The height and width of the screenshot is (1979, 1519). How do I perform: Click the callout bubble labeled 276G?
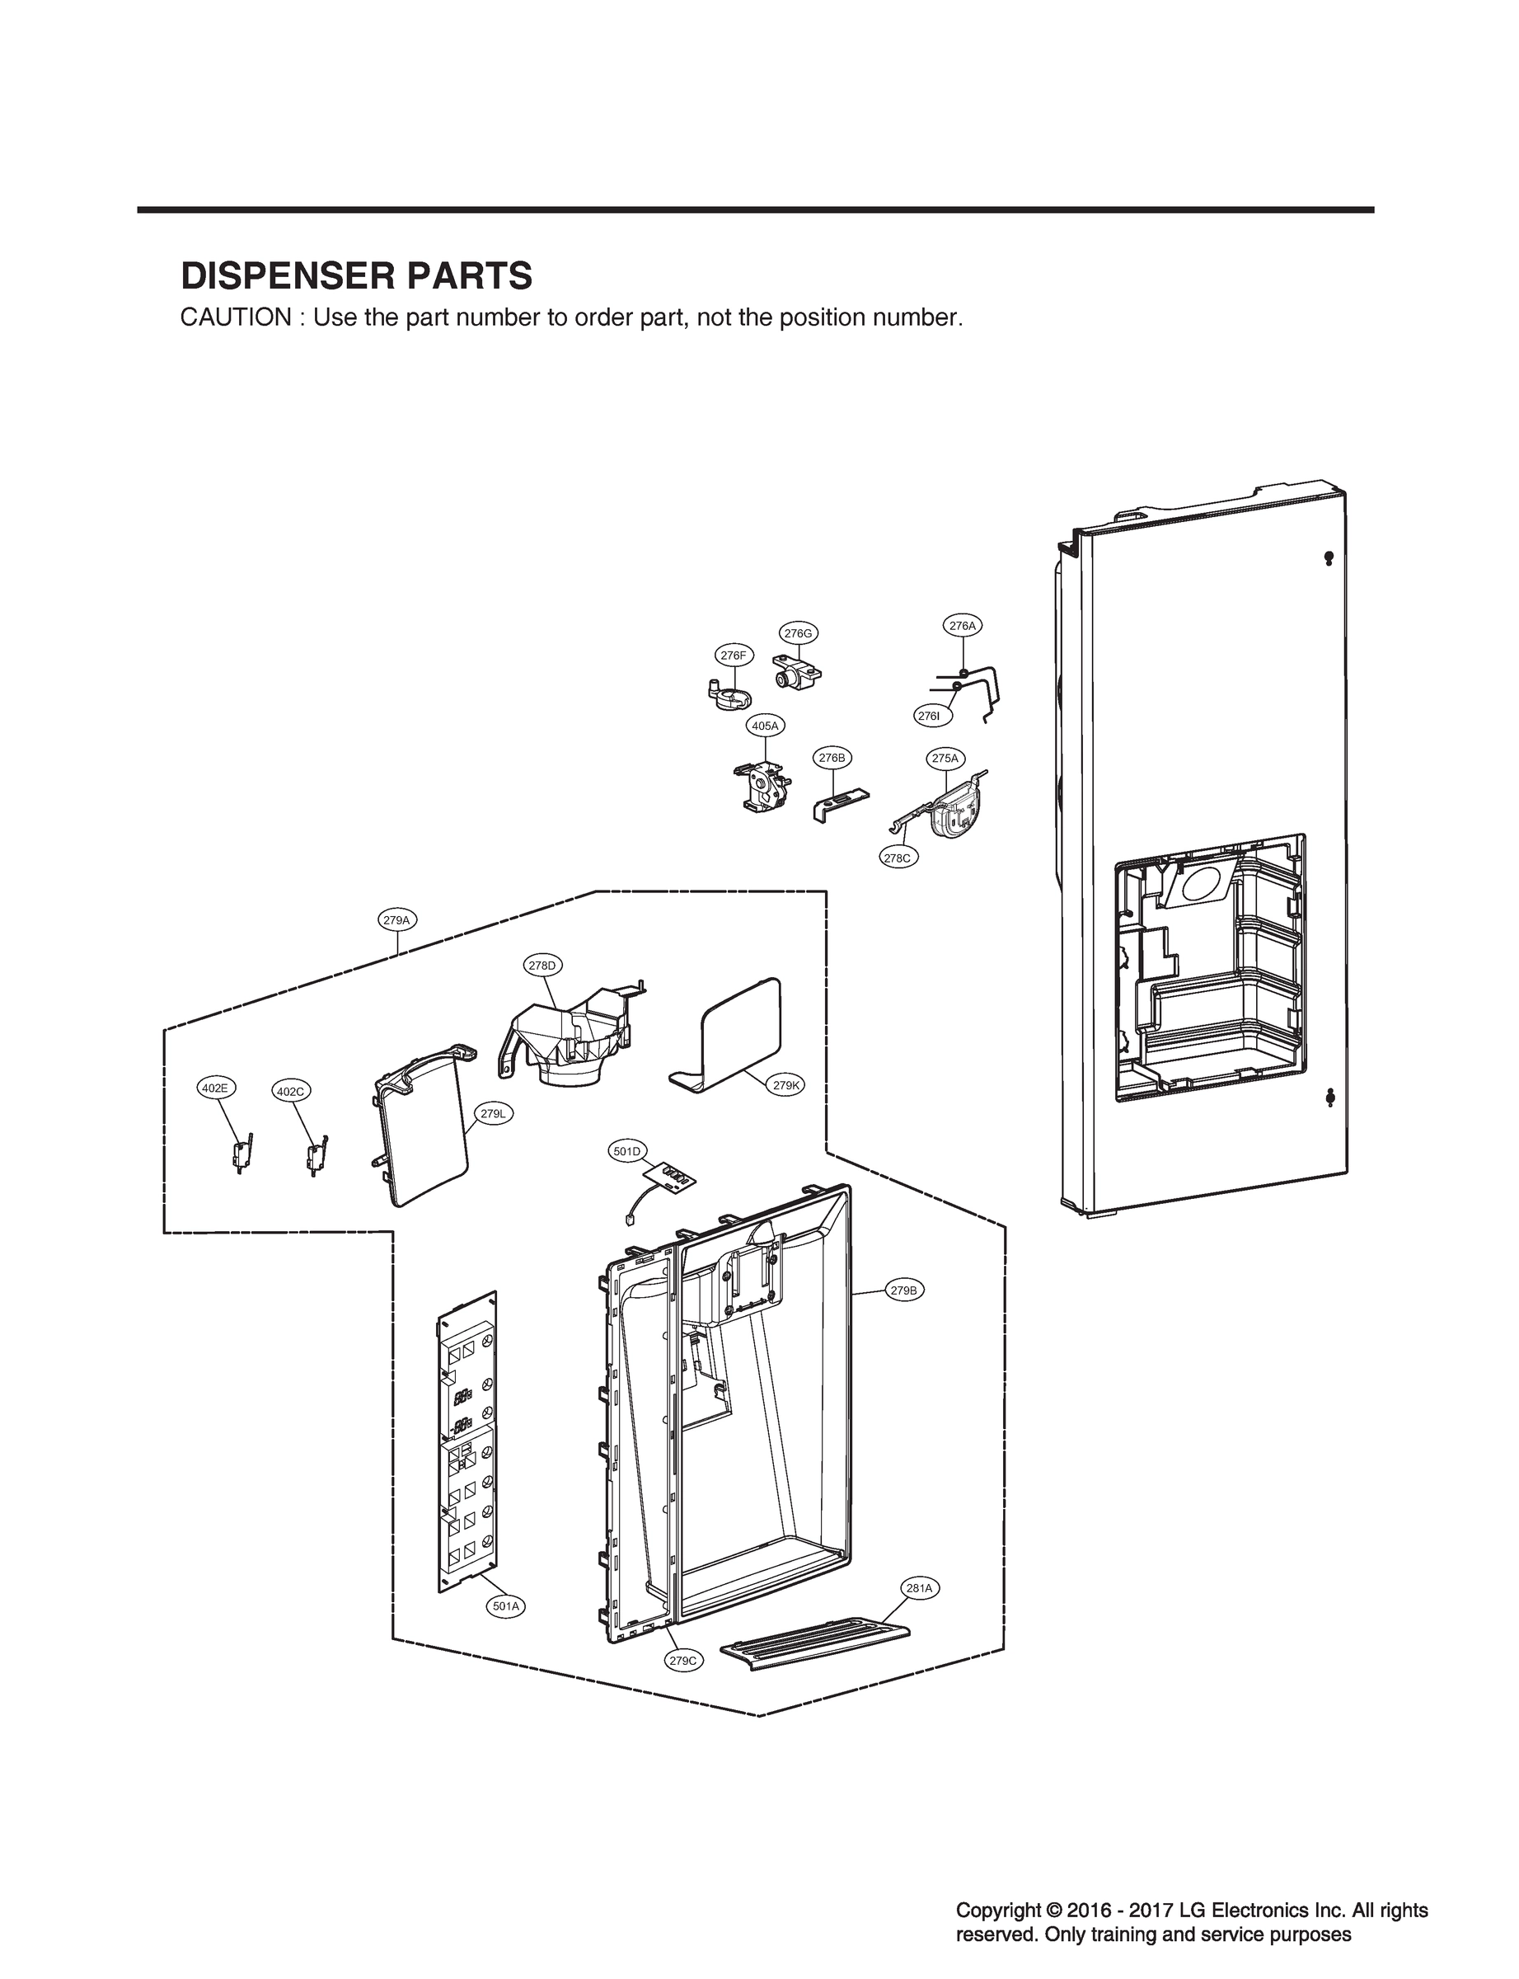click(798, 633)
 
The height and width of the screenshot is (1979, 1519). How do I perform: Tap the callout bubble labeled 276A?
click(963, 625)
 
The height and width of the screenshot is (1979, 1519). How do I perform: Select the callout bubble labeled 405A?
click(765, 726)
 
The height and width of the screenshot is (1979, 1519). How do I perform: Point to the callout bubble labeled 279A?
click(396, 921)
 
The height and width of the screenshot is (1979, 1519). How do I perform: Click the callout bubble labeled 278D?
click(541, 965)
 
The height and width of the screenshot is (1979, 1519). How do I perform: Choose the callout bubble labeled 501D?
click(626, 1151)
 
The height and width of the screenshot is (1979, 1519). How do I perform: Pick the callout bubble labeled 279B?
click(903, 1290)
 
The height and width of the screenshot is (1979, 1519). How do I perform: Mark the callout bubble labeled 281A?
click(920, 1587)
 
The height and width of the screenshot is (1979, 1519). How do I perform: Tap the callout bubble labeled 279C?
click(682, 1660)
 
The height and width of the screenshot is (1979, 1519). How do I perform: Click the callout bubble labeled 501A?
click(505, 1606)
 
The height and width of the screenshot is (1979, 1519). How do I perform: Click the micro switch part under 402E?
click(241, 1155)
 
